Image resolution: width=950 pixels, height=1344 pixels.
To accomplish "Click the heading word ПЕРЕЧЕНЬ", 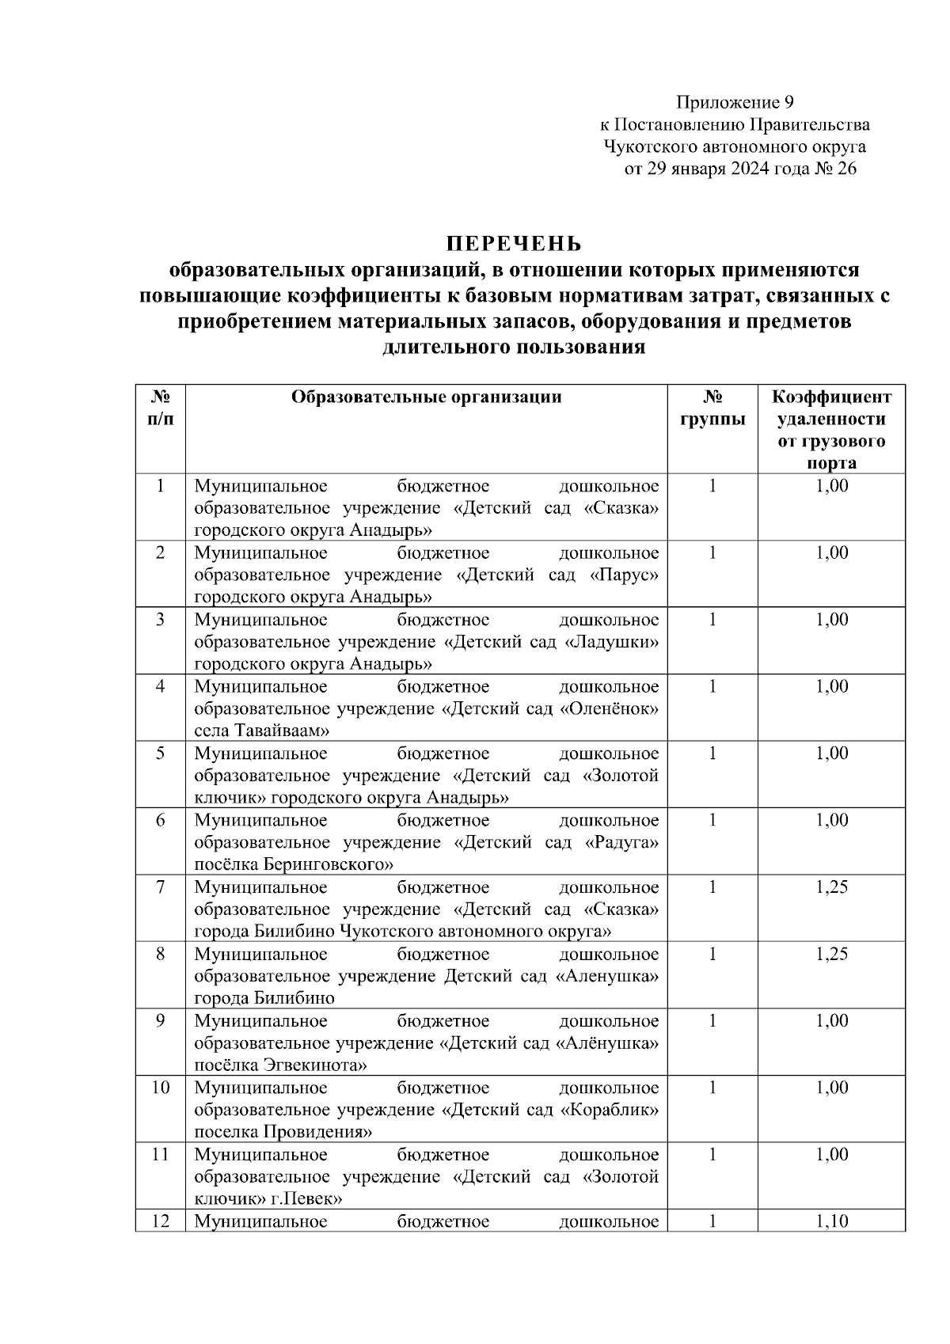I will [513, 242].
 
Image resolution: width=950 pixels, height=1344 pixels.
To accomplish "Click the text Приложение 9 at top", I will [734, 102].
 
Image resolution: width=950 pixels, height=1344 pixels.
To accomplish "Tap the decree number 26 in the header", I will [845, 169].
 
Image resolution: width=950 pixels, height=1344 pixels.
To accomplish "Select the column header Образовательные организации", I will [426, 397].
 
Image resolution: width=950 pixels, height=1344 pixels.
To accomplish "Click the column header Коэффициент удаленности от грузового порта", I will [831, 430].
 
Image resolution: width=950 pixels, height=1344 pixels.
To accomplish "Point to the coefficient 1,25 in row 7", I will [831, 887].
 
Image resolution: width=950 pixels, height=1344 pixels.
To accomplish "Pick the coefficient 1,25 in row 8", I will [831, 955].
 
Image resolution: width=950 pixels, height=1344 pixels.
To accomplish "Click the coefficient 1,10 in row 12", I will [831, 1221].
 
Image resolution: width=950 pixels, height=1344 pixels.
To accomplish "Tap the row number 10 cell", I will [160, 1088].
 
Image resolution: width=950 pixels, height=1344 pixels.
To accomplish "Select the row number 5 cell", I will [160, 754].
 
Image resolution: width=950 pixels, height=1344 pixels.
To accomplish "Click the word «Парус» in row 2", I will [625, 575].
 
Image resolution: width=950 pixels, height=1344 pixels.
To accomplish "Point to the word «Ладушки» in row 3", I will [613, 642].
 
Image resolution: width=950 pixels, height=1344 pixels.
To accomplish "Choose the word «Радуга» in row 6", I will [621, 842].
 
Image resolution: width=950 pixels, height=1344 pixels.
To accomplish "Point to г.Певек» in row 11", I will [306, 1198].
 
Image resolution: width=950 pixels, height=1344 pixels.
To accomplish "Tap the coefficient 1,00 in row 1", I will [831, 486].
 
